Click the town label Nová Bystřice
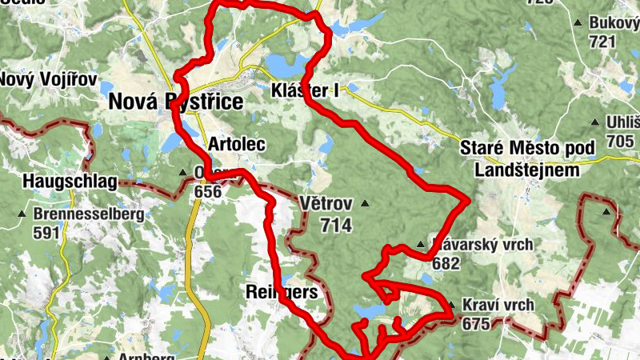tap(177, 102)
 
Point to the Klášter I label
tap(305, 91)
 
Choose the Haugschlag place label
tap(70, 182)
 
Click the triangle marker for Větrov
tap(366, 203)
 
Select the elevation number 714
tap(336, 226)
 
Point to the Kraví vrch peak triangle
tap(452, 305)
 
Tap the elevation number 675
tap(475, 323)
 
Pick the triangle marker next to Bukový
tap(578, 22)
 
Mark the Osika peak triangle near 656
tap(182, 170)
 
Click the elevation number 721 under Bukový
tap(602, 41)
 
